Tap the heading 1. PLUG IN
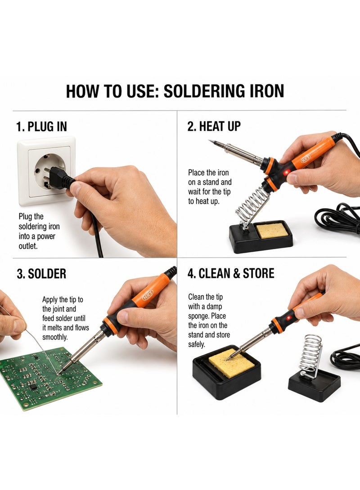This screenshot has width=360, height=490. coord(41,127)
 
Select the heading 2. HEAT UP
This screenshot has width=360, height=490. coord(214,126)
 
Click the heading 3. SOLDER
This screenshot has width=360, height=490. coord(41,274)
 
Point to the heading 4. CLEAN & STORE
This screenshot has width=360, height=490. coord(231,273)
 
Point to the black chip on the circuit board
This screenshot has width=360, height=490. coord(32,387)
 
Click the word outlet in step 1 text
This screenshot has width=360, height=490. coord(28,246)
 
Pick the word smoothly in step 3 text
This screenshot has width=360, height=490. coord(55,338)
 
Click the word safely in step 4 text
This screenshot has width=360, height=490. coord(197,344)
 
